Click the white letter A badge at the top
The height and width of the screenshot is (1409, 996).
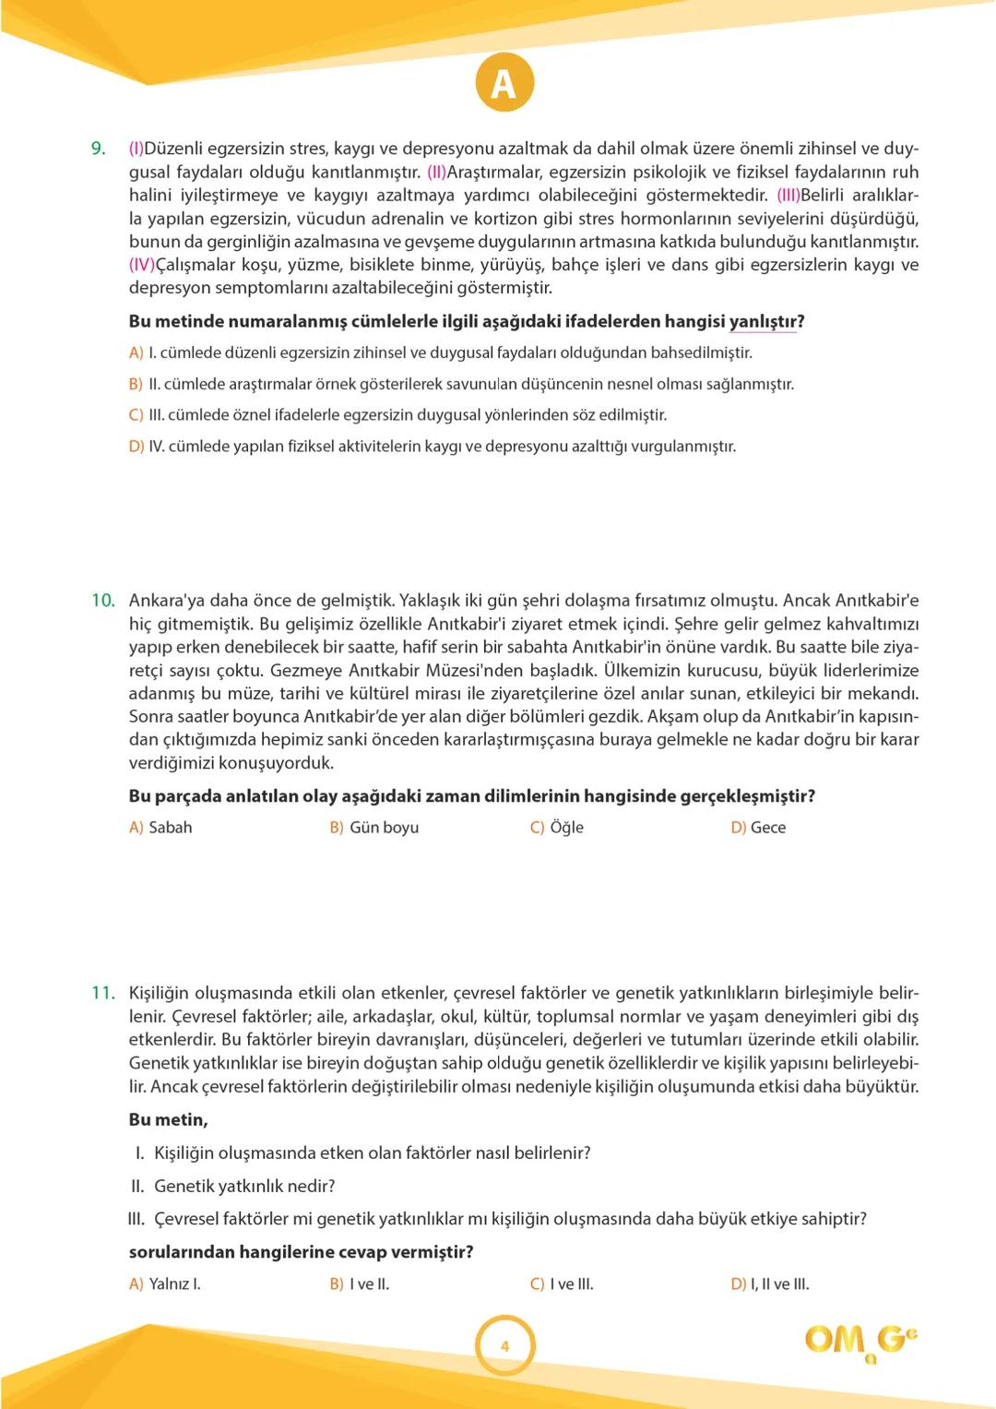coord(504,84)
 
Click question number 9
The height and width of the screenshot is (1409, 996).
coord(98,149)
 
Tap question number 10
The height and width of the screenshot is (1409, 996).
coord(102,601)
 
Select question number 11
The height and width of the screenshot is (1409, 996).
coord(102,994)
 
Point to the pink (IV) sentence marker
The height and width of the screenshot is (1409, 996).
coord(141,265)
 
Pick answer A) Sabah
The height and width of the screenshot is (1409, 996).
coord(160,828)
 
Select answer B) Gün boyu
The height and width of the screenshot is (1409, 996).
coord(373,828)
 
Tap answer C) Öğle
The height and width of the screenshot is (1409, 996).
coord(556,828)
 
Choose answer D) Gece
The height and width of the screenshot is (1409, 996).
coord(758,828)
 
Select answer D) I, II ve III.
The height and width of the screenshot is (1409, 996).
coord(769,1284)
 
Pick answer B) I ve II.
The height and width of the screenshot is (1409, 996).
coord(359,1284)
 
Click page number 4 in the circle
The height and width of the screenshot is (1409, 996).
coord(504,1346)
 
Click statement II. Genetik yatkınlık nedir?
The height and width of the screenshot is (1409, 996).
coord(232,1186)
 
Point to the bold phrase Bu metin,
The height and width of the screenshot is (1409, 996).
coord(168,1120)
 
